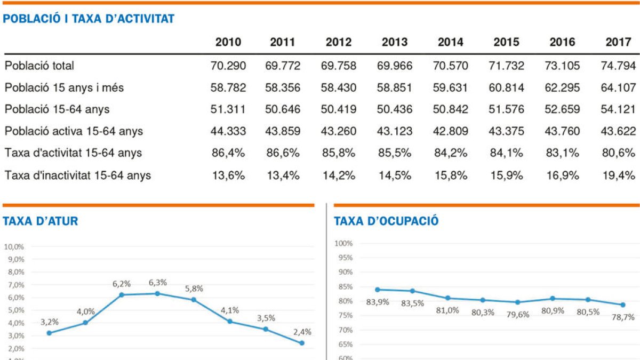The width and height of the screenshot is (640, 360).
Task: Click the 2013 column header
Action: coord(395,42)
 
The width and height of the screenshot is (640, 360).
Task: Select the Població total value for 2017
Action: coord(618,66)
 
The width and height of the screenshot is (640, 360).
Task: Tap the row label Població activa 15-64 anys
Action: coord(74,131)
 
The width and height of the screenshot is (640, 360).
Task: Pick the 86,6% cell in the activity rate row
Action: coord(283,153)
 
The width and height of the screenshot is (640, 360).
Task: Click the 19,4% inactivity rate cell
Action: coord(618,175)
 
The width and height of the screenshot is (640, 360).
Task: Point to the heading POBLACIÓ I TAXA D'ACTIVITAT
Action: coord(89,19)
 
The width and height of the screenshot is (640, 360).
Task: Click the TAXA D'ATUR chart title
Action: coord(41,221)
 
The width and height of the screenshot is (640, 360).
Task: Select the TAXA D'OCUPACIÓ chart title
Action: coord(386,221)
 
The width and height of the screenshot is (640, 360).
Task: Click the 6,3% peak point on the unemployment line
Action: coord(157,293)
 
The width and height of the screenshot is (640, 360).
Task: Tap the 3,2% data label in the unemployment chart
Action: coord(50,322)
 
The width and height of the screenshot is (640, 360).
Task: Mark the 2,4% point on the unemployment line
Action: coord(302,343)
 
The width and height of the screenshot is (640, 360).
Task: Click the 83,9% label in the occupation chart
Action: coord(378,302)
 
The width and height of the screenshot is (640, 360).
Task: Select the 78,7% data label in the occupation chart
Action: coord(622,317)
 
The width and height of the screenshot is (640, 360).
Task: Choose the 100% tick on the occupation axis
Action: coord(344,244)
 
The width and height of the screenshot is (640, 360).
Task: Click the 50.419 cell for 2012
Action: coord(339,110)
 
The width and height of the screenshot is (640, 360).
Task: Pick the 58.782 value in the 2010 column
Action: coord(228,88)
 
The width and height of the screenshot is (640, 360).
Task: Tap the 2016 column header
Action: coord(562,42)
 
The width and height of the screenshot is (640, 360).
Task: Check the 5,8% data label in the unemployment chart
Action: coord(194,288)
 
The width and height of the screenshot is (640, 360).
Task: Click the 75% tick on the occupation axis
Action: coord(346,316)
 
